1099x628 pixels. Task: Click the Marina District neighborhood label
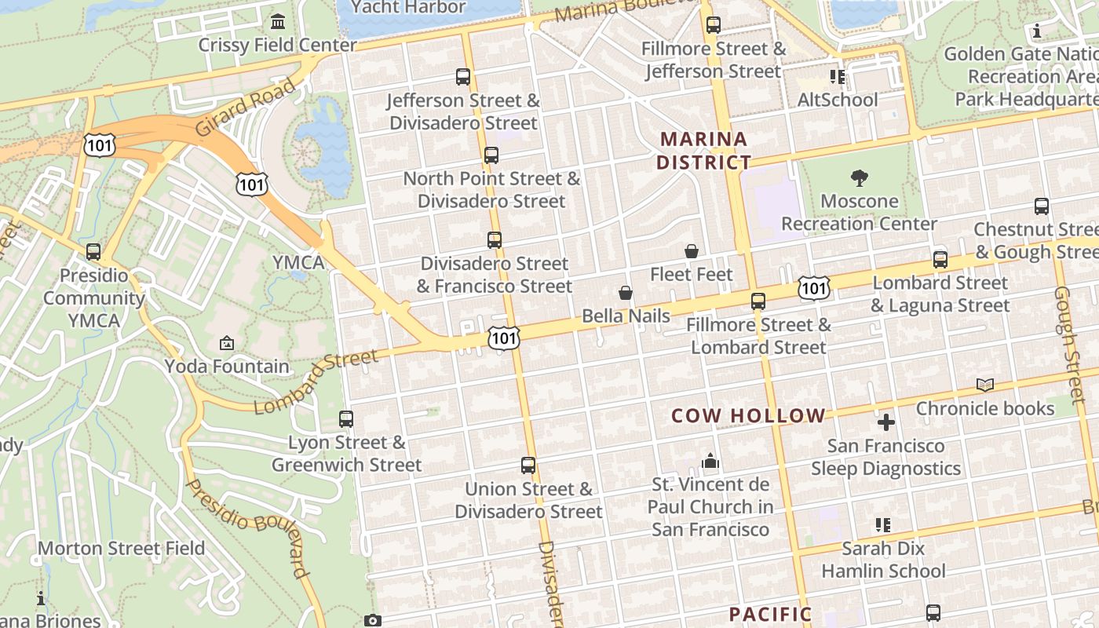pos(703,151)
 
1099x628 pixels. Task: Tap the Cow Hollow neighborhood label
pos(748,416)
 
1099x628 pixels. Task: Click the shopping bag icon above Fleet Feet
pos(692,251)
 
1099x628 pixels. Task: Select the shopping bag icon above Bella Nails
pos(626,293)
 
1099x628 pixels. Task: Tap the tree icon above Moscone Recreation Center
pos(859,178)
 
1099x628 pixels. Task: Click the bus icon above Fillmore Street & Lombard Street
pos(758,301)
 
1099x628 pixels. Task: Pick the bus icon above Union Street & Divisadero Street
pos(528,466)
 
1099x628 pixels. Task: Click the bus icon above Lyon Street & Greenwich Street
pos(346,419)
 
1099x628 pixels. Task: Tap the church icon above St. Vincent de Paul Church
pos(710,461)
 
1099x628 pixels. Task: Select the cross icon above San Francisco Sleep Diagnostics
pos(885,423)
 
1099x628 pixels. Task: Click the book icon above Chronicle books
pos(985,385)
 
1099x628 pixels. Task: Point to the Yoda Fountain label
pos(227,367)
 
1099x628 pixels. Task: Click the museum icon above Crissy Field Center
pos(278,21)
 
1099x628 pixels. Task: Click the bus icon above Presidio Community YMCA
pos(93,252)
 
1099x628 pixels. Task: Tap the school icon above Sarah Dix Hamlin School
pos(883,524)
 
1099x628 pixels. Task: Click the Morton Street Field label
pos(122,548)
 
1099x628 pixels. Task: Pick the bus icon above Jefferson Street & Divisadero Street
pos(463,77)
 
